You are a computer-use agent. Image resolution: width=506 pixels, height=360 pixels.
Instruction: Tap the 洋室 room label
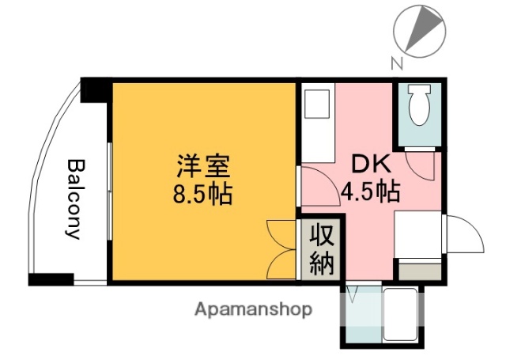(203, 167)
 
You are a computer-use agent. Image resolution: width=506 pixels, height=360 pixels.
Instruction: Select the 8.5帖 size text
(203, 193)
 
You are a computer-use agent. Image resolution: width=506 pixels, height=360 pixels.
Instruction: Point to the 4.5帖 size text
(369, 191)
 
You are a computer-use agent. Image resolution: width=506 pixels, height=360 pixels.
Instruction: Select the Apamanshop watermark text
(253, 309)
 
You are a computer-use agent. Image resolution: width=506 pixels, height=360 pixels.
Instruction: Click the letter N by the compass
(397, 63)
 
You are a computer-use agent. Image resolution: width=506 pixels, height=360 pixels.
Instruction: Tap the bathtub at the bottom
(402, 314)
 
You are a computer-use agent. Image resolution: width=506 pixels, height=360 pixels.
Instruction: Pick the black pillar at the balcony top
(96, 89)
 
